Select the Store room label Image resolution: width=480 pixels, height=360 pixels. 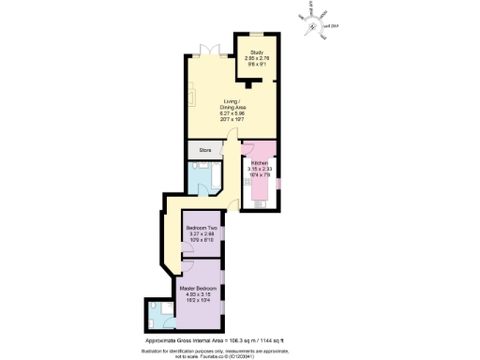pyautogui.click(x=204, y=148)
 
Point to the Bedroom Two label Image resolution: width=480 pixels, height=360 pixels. pyautogui.click(x=202, y=229)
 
